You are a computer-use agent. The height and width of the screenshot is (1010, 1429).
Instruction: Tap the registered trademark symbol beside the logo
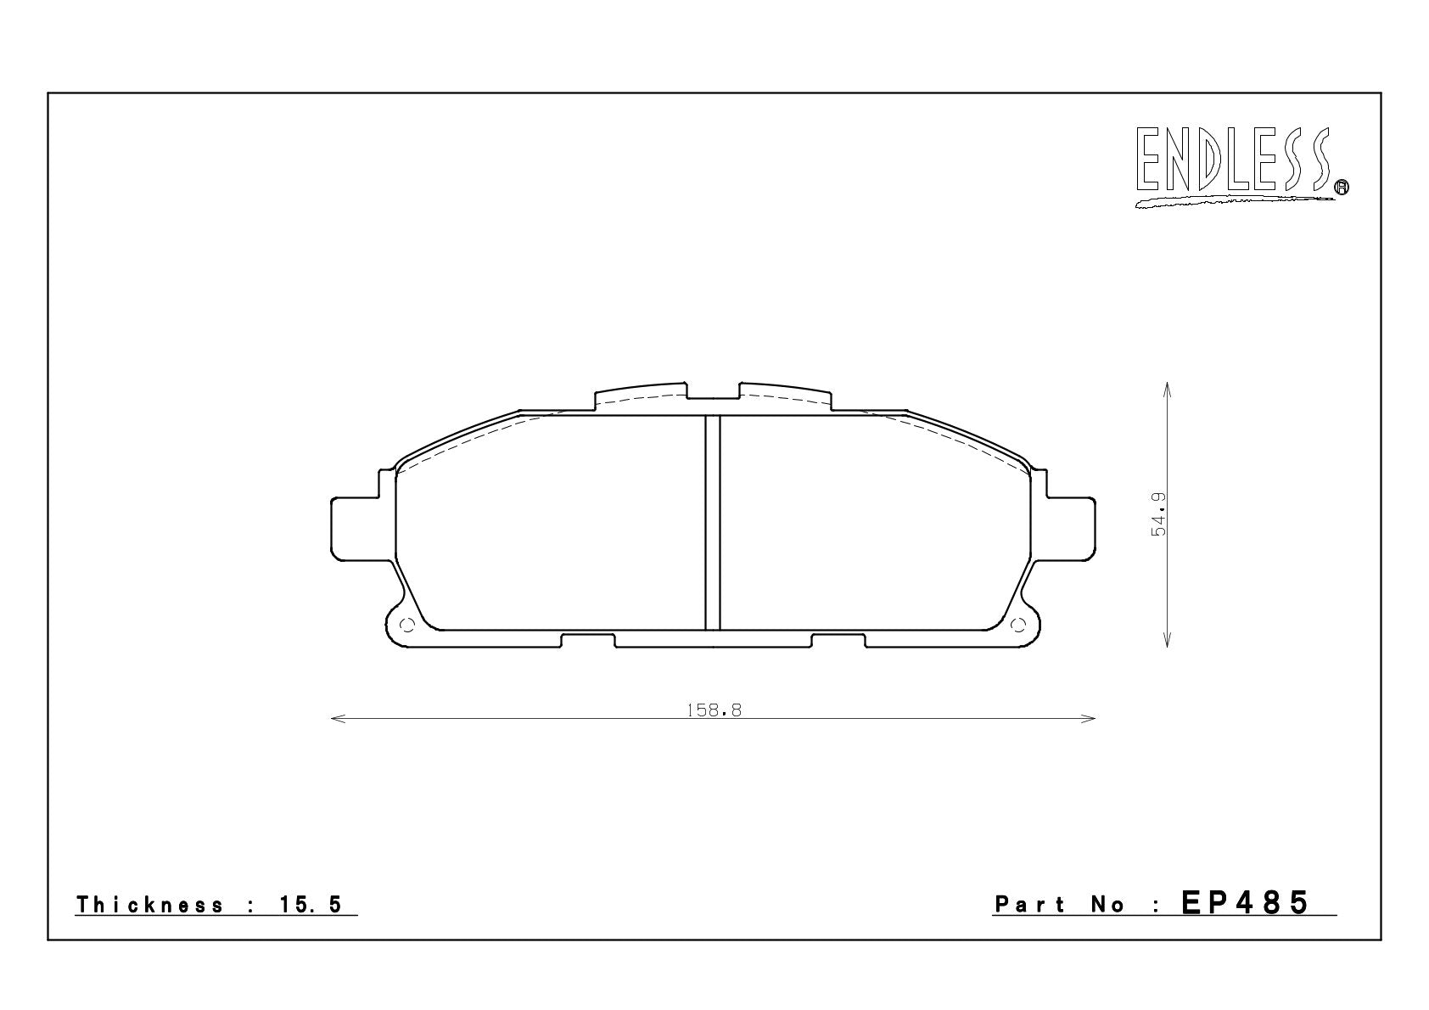(x=1342, y=187)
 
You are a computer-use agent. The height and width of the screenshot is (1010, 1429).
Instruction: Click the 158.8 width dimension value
(x=714, y=710)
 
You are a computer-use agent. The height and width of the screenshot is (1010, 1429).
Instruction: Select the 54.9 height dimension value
(x=1158, y=513)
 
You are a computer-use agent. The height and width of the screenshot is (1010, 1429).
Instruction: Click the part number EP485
(x=1245, y=903)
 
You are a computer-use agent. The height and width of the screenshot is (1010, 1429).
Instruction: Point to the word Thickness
(x=149, y=905)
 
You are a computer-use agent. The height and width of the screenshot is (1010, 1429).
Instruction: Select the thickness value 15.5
(x=311, y=905)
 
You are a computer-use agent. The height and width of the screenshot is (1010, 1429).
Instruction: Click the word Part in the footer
(x=1029, y=905)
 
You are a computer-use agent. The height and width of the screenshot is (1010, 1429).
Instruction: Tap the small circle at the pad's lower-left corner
(x=407, y=625)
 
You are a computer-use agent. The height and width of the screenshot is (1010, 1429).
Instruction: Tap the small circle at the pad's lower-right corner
(x=1019, y=625)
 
